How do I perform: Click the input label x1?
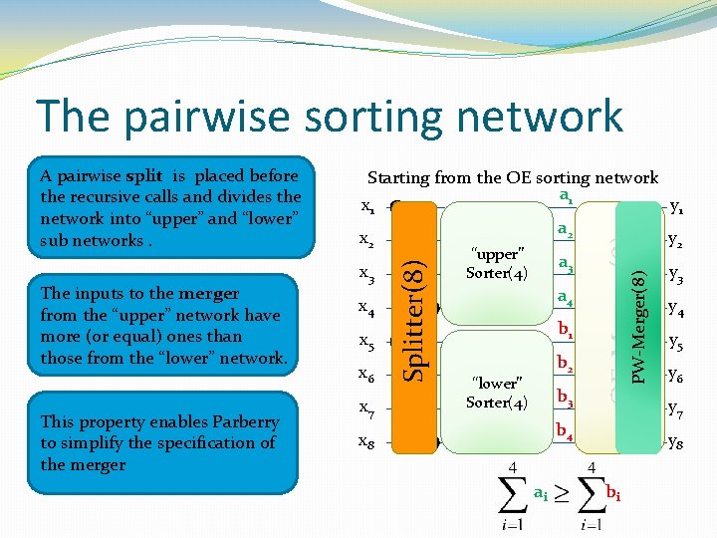366,210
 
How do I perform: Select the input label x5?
366,342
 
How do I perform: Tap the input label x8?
366,441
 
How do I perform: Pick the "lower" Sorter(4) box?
495,392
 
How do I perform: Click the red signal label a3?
566,265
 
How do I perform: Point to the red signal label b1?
565,329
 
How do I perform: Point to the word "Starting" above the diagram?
400,178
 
